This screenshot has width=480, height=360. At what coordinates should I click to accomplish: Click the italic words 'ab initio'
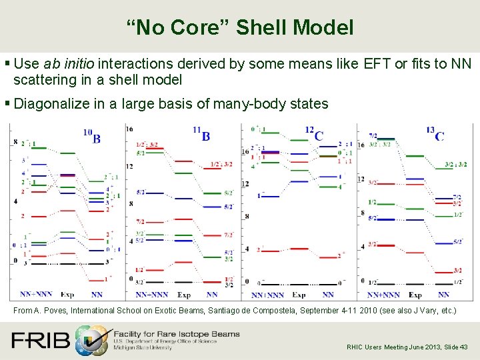click(70, 64)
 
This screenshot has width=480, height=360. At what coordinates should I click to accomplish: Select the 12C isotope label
click(314, 133)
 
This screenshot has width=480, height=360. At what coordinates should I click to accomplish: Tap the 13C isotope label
click(434, 133)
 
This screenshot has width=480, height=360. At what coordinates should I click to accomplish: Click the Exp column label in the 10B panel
click(67, 294)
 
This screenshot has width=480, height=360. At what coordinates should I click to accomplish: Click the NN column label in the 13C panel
click(443, 294)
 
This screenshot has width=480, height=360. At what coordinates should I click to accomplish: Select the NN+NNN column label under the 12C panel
click(267, 295)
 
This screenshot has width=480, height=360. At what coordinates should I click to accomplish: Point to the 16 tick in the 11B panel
click(129, 129)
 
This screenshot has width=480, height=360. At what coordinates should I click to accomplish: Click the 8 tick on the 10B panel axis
click(15, 142)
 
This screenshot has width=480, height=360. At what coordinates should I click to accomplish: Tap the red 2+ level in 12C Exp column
click(298, 249)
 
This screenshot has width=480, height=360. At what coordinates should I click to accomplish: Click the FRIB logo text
click(40, 341)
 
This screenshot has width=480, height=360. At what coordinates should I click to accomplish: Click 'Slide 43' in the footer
click(455, 347)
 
